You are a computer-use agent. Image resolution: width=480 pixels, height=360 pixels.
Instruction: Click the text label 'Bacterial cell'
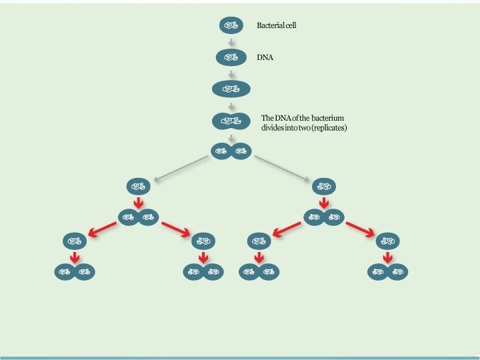point(276,26)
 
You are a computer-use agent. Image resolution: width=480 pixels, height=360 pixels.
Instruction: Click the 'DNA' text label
point(265,58)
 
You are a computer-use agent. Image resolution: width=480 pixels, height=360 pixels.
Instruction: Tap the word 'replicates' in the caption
point(329,127)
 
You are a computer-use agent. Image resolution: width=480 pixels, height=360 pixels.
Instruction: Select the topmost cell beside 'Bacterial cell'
point(231,25)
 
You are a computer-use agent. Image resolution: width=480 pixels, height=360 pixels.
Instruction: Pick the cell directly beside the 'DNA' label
point(231,57)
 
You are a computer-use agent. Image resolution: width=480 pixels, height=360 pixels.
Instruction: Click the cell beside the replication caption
point(231,121)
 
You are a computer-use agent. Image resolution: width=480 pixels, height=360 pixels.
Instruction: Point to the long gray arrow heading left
point(181,167)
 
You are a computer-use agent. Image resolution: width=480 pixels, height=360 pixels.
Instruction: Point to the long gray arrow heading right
point(283,167)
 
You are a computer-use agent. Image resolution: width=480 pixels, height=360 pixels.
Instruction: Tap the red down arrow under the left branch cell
point(139,203)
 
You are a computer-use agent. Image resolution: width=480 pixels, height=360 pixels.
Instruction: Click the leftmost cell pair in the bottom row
point(75,272)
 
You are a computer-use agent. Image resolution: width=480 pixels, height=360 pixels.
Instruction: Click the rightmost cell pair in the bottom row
point(389,272)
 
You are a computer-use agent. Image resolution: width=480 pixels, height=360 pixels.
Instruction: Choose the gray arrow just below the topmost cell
point(231,41)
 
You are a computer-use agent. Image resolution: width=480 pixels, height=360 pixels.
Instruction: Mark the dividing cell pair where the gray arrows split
point(231,151)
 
